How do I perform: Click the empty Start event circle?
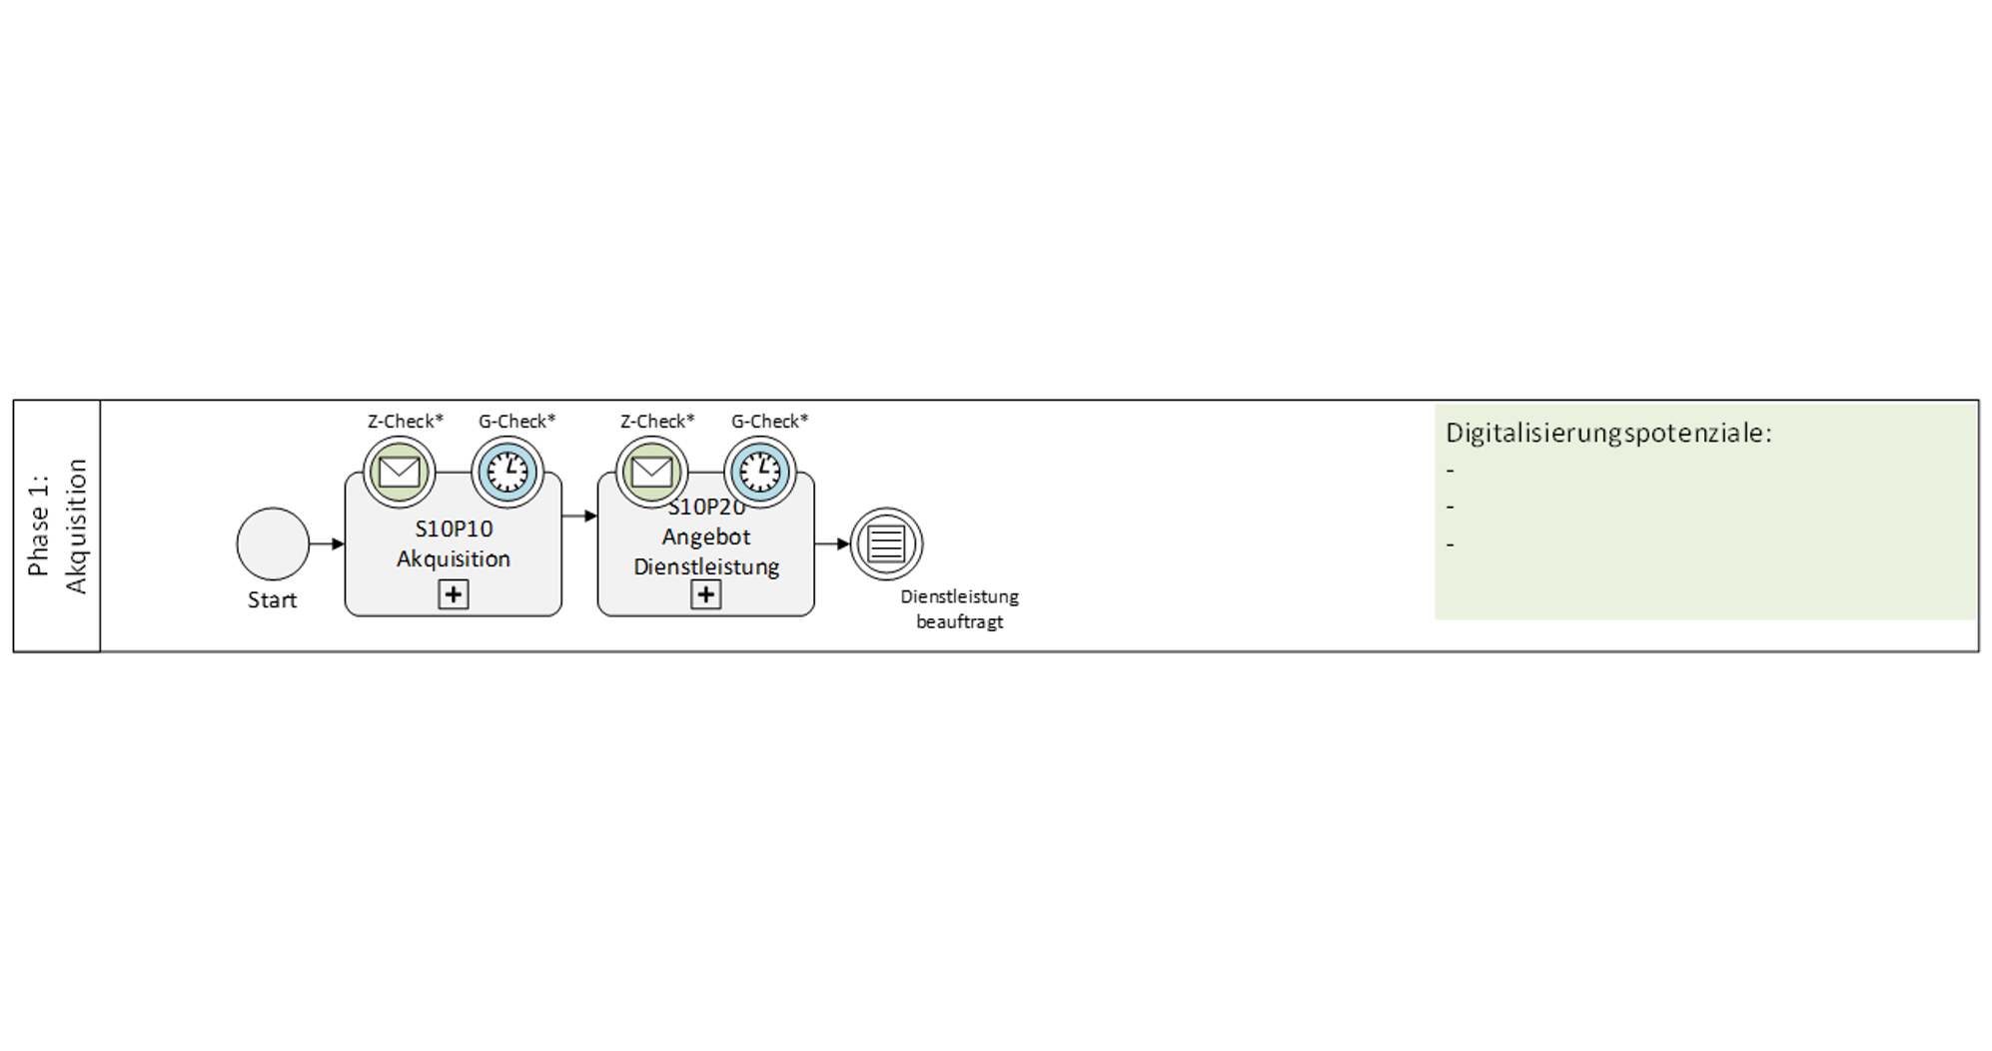point(273,543)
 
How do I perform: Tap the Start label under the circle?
point(273,600)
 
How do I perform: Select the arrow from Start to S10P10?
point(327,544)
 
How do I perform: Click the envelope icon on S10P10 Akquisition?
point(400,471)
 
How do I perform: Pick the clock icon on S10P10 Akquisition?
point(507,471)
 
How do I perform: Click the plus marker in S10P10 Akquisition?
point(454,594)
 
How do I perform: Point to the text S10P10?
point(454,528)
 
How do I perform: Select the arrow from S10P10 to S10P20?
point(579,517)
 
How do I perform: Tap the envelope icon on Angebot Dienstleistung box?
point(651,471)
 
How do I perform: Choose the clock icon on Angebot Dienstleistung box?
point(760,471)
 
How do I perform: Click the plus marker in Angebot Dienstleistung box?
point(706,594)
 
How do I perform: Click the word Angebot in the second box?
point(706,536)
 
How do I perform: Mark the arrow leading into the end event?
point(831,544)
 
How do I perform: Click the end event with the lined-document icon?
point(886,543)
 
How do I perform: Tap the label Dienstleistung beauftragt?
point(959,608)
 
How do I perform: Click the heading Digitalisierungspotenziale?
point(1608,434)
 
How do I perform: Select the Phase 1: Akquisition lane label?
point(57,526)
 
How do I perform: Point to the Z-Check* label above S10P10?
point(405,421)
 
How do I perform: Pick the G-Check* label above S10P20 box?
point(769,421)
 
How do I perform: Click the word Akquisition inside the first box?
point(454,558)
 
